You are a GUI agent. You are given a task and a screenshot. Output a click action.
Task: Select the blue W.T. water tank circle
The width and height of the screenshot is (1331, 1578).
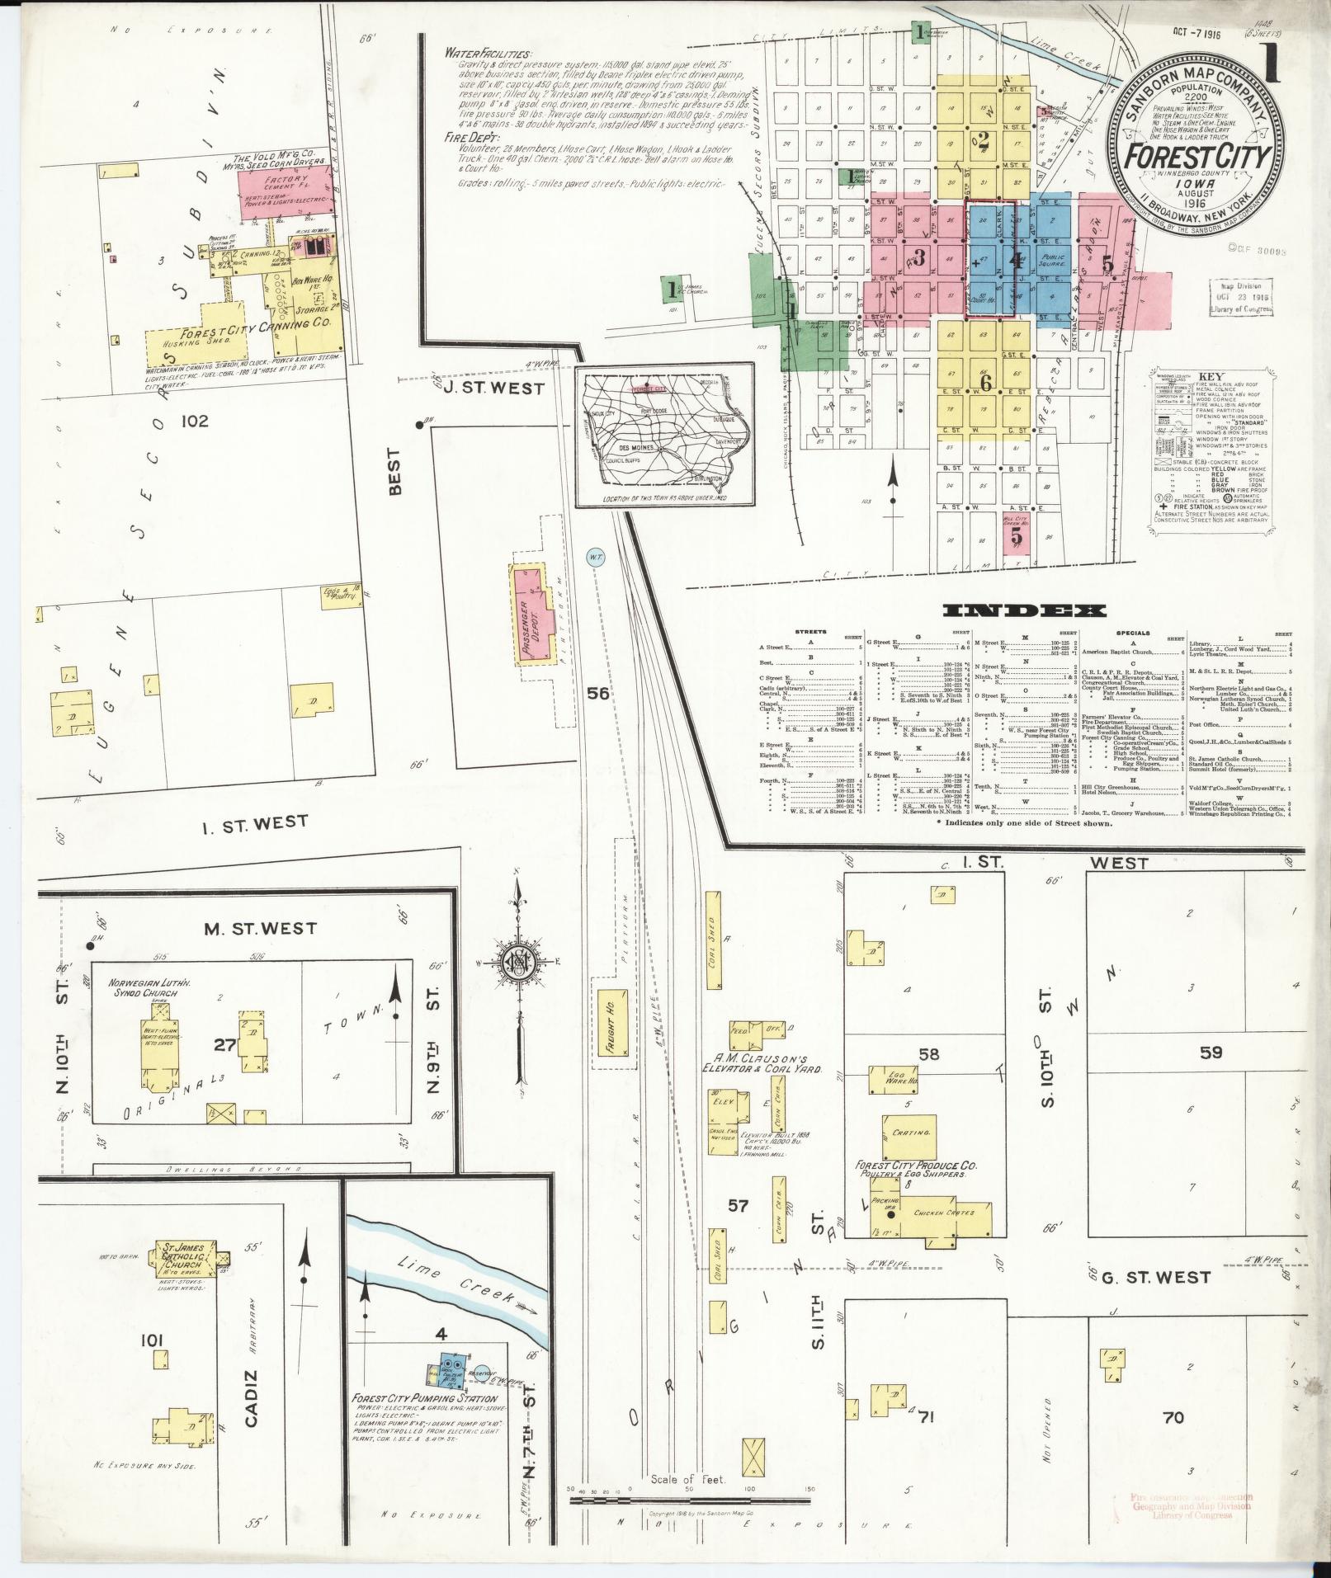pyautogui.click(x=597, y=558)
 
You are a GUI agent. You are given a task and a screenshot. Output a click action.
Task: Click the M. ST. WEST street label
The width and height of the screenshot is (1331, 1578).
pyautogui.click(x=260, y=928)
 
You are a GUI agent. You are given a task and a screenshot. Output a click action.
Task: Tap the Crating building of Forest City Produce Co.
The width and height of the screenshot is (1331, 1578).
pyautogui.click(x=911, y=1133)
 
